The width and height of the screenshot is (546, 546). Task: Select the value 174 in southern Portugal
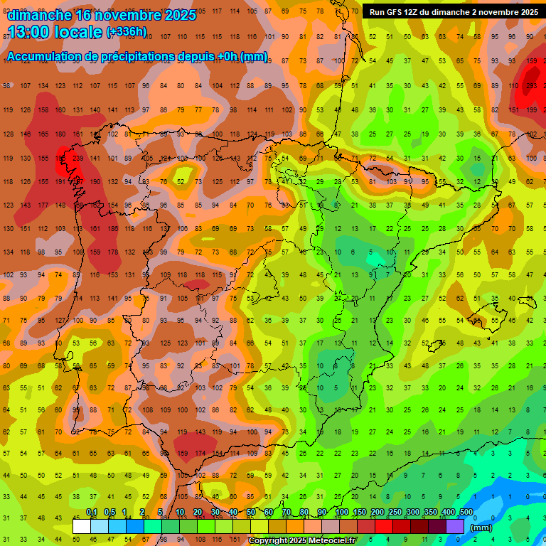[200, 454]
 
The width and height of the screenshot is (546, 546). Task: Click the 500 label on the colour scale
[466, 513]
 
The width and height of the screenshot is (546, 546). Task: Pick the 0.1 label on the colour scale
[92, 513]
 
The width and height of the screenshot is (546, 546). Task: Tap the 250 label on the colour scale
[395, 513]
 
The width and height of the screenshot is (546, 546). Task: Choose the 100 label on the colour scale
[341, 513]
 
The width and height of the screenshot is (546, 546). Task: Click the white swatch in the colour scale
[82, 526]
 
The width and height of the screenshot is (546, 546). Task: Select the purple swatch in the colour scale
[455, 526]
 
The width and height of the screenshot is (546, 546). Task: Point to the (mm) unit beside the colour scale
[481, 528]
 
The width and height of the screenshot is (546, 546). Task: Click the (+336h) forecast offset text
[127, 32]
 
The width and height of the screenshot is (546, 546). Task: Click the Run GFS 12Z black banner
[453, 12]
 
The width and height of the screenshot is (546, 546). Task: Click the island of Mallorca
[483, 309]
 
